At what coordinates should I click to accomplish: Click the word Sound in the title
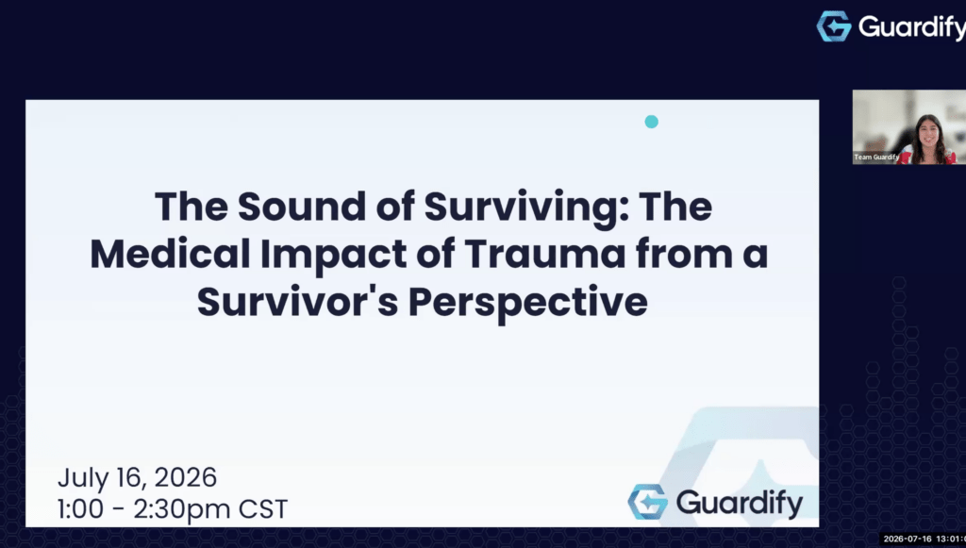point(303,207)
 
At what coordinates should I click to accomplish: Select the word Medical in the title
point(170,254)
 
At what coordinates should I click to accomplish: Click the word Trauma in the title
point(544,255)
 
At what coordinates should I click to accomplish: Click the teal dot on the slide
point(651,122)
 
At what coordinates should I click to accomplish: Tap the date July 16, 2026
point(137,478)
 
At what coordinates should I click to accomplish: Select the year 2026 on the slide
point(185,477)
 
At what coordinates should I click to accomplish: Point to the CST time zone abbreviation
point(263,509)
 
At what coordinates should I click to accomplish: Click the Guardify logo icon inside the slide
point(647,502)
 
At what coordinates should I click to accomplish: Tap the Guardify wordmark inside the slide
point(740,504)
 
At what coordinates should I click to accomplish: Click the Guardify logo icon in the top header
point(834,26)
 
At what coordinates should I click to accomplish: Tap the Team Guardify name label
point(876,157)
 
